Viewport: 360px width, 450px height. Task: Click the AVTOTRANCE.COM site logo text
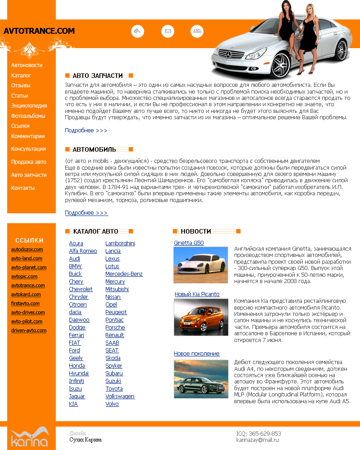tap(39, 31)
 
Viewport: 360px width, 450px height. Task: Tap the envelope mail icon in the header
tap(168, 31)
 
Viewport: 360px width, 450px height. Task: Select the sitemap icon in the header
tap(197, 31)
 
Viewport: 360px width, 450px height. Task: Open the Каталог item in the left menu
tap(21, 76)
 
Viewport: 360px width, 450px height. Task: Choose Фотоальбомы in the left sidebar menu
tap(28, 116)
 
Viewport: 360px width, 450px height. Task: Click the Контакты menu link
tap(23, 188)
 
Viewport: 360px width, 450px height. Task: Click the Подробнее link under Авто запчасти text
tap(86, 130)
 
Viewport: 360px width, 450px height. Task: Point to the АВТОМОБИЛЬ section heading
tap(94, 149)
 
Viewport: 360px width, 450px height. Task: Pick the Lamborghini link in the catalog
tap(120, 243)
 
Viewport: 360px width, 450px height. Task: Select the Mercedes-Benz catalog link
tap(124, 274)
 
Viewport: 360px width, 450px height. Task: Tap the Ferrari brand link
tap(76, 335)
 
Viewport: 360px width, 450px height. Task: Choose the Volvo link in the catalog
tap(112, 404)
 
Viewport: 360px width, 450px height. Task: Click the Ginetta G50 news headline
tap(189, 243)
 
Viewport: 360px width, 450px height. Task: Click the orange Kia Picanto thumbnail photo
tap(201, 317)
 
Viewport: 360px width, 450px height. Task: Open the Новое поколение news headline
tap(197, 354)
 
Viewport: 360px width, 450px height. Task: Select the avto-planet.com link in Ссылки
tap(29, 267)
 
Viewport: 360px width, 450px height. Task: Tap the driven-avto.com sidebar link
tap(29, 330)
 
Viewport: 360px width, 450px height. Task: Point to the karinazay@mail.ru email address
tap(258, 440)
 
